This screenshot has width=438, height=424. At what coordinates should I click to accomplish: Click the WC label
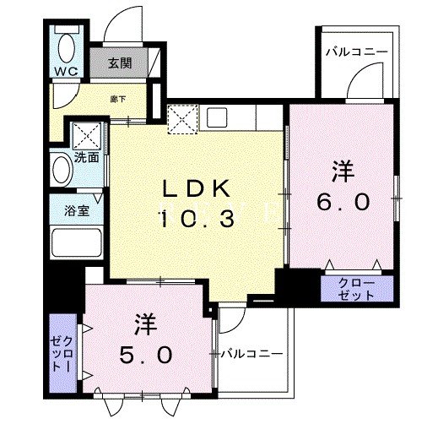click(x=67, y=72)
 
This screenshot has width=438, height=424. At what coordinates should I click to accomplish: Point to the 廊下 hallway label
click(x=118, y=99)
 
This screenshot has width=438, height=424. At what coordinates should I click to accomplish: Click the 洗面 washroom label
click(x=87, y=158)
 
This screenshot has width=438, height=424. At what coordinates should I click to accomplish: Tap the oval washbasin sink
click(x=62, y=170)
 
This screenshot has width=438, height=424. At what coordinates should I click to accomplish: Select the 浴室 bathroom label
click(x=77, y=210)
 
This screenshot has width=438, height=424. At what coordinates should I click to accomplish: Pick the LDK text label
click(x=197, y=188)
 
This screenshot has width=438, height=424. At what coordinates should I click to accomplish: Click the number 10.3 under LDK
click(x=197, y=220)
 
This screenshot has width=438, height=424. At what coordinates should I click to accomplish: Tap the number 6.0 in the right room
click(x=343, y=203)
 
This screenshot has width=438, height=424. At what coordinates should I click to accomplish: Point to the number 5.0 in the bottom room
click(x=146, y=355)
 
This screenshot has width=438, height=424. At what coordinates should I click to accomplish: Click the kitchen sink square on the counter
click(x=217, y=117)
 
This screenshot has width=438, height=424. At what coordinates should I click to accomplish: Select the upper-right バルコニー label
click(x=357, y=52)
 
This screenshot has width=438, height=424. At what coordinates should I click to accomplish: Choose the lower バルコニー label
click(x=251, y=353)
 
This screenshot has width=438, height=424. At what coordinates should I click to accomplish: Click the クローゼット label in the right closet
click(x=357, y=290)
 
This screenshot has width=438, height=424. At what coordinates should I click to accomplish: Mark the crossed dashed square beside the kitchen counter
click(x=183, y=119)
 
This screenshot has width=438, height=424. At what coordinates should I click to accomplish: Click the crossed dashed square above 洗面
click(x=87, y=136)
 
